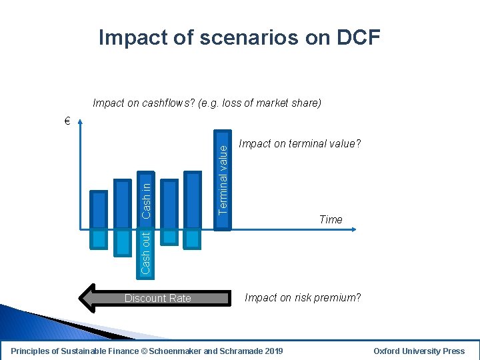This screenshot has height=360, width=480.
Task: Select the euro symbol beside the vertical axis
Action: (67, 121)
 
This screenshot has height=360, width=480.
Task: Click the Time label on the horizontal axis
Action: (331, 219)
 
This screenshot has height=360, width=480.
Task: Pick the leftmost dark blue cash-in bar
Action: (99, 210)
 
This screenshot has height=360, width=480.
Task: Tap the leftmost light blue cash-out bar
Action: (99, 239)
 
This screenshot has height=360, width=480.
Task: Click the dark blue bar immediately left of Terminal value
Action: (193, 200)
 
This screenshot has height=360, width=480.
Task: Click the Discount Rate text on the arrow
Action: (158, 298)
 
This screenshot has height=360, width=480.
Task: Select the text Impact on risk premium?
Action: (303, 297)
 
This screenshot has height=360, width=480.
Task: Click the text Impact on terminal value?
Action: (299, 143)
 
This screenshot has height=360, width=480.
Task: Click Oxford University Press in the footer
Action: (419, 351)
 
